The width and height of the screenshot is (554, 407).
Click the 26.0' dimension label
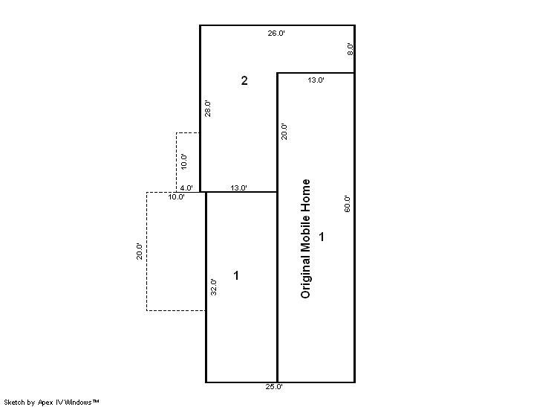[276, 33]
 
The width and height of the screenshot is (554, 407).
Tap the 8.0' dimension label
[350, 49]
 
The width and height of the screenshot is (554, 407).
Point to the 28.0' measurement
[208, 109]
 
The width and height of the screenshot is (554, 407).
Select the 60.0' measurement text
[347, 204]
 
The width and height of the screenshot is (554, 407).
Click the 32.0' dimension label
[213, 287]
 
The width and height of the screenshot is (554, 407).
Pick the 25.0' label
[274, 386]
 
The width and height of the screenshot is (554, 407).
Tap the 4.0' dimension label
[186, 188]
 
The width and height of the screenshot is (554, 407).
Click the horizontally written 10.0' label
[176, 196]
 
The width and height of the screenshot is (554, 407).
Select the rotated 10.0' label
[183, 161]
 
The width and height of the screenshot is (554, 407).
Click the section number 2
[244, 80]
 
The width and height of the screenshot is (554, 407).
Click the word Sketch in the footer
[14, 402]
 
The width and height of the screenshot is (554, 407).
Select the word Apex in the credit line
[45, 402]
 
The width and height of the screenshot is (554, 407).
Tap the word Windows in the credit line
[79, 402]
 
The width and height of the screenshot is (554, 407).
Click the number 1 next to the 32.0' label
[236, 275]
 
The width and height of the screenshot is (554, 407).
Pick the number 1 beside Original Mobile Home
[322, 237]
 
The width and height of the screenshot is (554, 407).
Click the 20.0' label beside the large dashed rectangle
[139, 251]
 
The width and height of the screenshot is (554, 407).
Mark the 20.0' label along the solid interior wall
[284, 131]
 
